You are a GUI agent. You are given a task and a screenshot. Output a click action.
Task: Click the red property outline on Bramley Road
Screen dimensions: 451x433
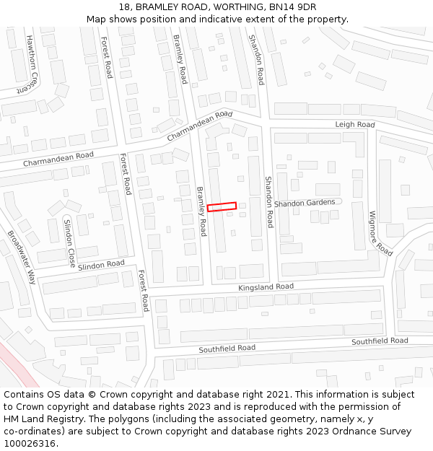tap(222, 207)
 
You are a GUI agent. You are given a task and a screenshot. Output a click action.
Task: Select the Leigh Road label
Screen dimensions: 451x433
tap(354, 125)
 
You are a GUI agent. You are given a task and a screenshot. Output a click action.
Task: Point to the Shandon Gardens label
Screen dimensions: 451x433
tap(305, 203)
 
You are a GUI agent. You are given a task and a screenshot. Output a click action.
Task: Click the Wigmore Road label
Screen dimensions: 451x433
tap(380, 233)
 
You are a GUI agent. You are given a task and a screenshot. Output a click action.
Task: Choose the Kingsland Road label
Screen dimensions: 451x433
tap(266, 287)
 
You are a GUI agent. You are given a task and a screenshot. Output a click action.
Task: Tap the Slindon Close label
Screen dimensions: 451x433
tap(69, 242)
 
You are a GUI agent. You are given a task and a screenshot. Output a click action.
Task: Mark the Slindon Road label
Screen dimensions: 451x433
tap(101, 265)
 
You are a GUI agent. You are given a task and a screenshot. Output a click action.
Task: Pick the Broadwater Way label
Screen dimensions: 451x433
tap(22, 256)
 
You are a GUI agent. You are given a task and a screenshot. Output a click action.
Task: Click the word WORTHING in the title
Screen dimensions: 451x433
tap(239, 7)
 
